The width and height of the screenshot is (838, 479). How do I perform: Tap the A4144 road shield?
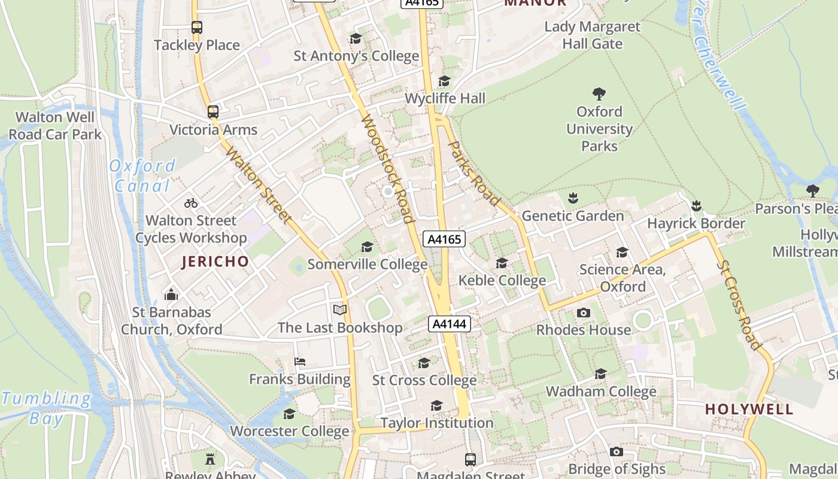pyautogui.click(x=450, y=325)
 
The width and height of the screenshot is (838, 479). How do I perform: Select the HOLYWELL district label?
pyautogui.click(x=749, y=410)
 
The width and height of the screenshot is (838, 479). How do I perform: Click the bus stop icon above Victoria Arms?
pyautogui.click(x=212, y=112)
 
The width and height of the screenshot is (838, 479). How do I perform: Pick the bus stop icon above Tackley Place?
pyautogui.click(x=197, y=28)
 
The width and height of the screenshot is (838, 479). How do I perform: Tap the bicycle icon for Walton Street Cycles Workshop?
pyautogui.click(x=191, y=203)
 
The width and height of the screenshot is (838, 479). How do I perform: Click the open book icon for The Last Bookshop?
pyautogui.click(x=340, y=310)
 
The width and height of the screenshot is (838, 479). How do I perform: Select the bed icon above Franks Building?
pyautogui.click(x=300, y=362)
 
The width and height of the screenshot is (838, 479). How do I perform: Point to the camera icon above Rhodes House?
pyautogui.click(x=583, y=313)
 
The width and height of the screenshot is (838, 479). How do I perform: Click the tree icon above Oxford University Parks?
pyautogui.click(x=599, y=94)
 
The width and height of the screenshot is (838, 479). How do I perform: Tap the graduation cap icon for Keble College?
pyautogui.click(x=502, y=263)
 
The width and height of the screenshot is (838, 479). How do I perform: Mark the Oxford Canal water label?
pyautogui.click(x=142, y=175)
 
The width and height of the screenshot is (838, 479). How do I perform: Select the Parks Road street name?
pyautogui.click(x=473, y=174)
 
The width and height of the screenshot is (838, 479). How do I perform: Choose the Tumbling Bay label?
pyautogui.click(x=46, y=408)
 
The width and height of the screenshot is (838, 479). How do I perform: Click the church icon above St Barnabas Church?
pyautogui.click(x=171, y=295)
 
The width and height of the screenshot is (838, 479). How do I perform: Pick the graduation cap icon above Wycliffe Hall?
pyautogui.click(x=444, y=81)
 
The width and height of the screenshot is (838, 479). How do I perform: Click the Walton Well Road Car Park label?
pyautogui.click(x=55, y=126)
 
